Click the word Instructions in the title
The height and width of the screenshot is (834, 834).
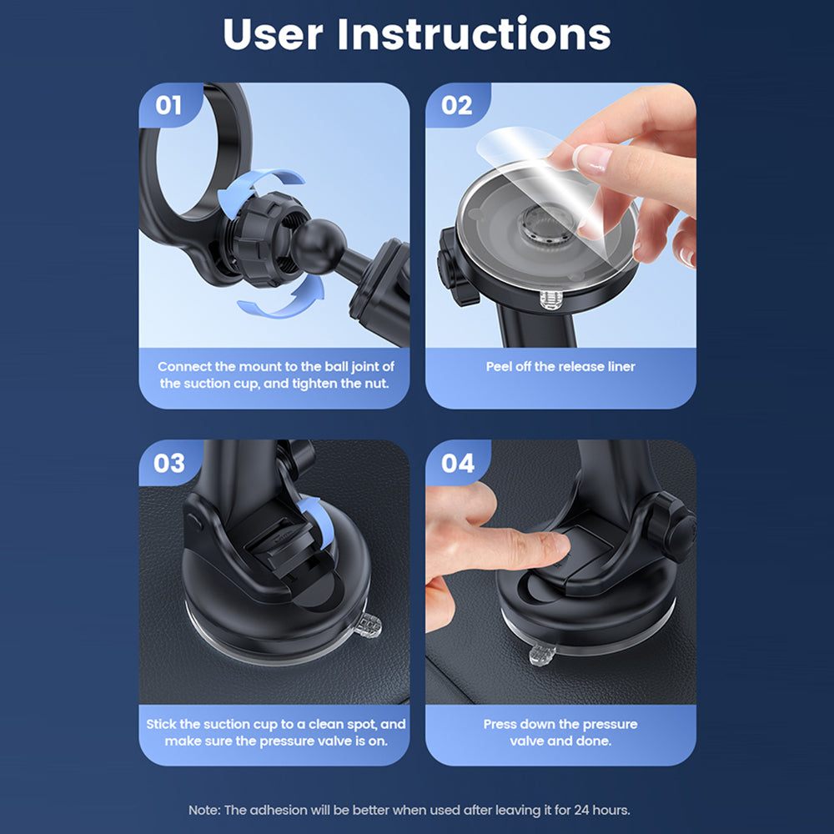click(474, 34)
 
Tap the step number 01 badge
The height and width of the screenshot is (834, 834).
click(168, 105)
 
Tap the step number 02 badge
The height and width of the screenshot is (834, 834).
click(456, 105)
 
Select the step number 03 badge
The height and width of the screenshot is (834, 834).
click(169, 463)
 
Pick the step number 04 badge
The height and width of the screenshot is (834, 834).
click(457, 463)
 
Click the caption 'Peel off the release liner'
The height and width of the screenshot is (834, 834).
click(560, 367)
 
